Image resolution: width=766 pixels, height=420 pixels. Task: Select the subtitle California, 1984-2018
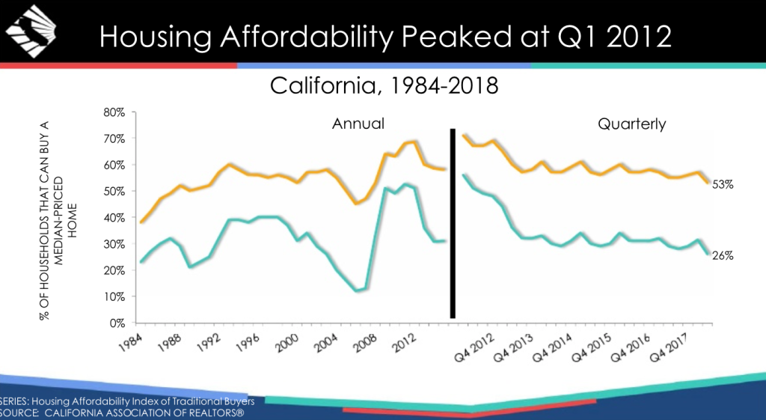(x=383, y=86)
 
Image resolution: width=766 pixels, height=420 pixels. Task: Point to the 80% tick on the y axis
(x=114, y=112)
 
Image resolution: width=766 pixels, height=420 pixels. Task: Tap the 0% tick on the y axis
(x=117, y=323)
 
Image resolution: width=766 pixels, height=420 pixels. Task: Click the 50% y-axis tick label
(x=114, y=192)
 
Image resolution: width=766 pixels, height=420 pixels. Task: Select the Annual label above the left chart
(x=358, y=124)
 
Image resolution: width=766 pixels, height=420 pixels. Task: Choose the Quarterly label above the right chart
(x=631, y=124)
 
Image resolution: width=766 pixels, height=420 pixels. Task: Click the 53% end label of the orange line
(x=723, y=184)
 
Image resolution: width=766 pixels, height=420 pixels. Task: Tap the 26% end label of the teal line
(x=723, y=255)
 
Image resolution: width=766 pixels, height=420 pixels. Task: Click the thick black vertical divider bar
(x=453, y=223)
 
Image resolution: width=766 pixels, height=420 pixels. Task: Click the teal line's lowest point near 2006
(x=358, y=290)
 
